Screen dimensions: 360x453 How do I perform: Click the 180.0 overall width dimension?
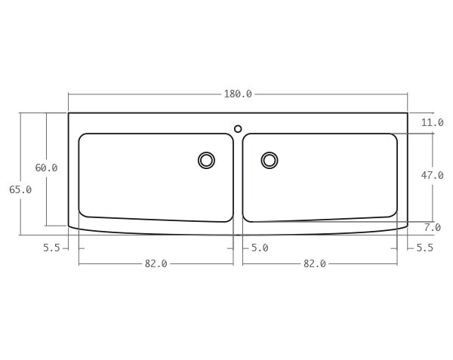[x=238, y=94]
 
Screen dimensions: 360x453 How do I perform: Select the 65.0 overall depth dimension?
[x=20, y=190]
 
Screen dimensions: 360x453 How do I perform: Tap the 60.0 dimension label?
[x=46, y=168]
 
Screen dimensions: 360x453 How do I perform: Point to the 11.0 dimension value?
[x=433, y=122]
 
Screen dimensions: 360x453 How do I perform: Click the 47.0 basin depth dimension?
[x=433, y=175]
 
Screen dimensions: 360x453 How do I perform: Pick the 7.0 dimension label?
[x=433, y=227]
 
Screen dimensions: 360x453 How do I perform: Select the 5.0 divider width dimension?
[x=259, y=248]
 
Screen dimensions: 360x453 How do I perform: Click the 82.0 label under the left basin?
[x=156, y=264]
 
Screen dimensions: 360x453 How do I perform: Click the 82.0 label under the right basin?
[x=314, y=264]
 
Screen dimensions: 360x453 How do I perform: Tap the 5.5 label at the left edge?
[x=51, y=248]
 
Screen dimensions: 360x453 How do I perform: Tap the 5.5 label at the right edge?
[x=425, y=248]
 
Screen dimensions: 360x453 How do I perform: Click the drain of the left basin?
[x=206, y=160]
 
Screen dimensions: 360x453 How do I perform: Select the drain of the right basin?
[x=270, y=160]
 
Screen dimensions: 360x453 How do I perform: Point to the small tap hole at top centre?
[x=238, y=128]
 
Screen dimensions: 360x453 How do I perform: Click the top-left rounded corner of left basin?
[x=82, y=137]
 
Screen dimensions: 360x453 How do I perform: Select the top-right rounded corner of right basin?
[x=393, y=137]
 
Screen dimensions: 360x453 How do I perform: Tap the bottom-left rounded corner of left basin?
[x=83, y=213]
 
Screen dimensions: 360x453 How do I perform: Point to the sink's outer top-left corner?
[x=69, y=113]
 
